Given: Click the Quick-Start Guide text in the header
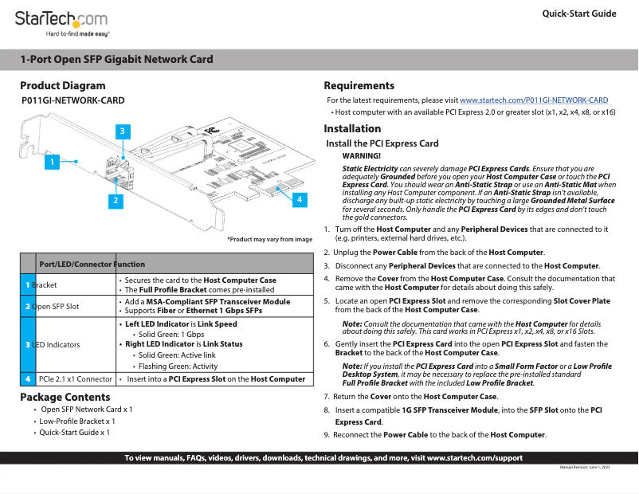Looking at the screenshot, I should tap(578, 14).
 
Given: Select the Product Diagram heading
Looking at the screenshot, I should tap(62, 85).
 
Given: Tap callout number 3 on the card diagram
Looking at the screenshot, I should tap(122, 130).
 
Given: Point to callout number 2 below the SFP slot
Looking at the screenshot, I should tap(116, 201).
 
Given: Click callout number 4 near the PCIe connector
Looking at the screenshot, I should tap(299, 200).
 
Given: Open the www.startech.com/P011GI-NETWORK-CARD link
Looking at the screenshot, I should tap(534, 100).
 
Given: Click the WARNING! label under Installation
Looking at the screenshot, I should tap(361, 155).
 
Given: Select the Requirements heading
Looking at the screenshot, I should tap(359, 85).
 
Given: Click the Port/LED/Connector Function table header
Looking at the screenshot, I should tap(92, 264).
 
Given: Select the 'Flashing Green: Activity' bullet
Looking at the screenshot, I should tap(178, 367).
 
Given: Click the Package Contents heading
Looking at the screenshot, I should tap(65, 397).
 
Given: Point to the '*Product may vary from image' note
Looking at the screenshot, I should tap(269, 239).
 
